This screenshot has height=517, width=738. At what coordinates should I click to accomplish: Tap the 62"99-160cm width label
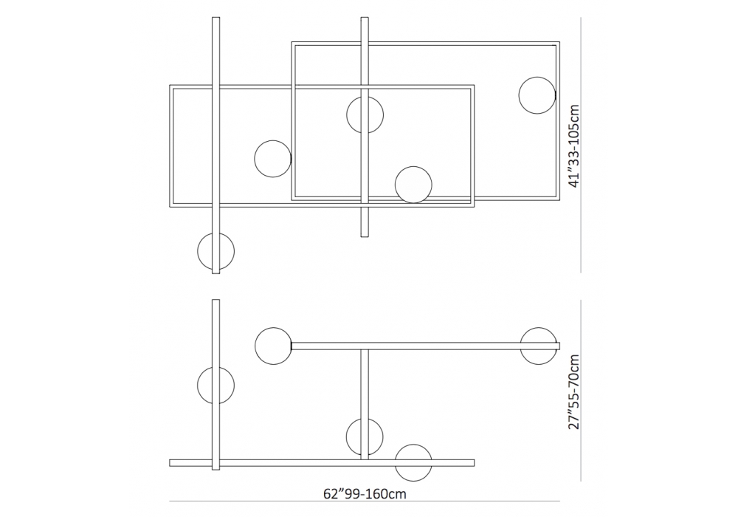[365, 493]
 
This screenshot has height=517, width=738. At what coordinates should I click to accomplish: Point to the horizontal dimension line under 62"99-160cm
[365, 501]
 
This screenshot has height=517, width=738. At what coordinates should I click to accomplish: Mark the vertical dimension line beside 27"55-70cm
[581, 391]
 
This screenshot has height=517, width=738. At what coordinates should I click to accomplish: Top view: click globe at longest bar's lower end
[215, 251]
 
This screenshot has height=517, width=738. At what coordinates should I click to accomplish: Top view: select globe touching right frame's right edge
[537, 95]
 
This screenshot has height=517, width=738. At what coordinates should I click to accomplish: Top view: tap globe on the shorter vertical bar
[365, 115]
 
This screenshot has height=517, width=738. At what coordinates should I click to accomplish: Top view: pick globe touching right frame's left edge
[273, 159]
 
